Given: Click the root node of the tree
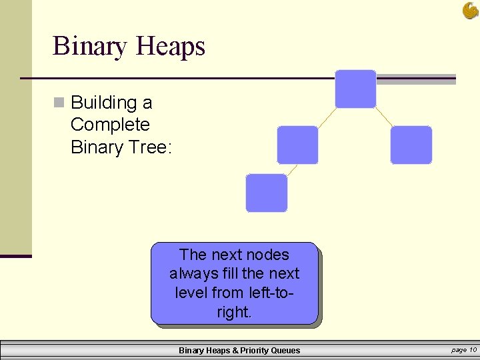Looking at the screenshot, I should (355, 89).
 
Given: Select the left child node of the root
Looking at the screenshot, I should (297, 145).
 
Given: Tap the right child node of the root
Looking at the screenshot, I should (411, 145).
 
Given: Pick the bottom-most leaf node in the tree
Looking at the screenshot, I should (267, 193).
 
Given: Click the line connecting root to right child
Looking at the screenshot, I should (383, 117).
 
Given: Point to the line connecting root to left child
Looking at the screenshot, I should (327, 117).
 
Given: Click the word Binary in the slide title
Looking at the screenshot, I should (90, 47).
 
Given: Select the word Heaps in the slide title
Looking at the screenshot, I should (170, 47).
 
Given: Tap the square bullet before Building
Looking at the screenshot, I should (59, 103).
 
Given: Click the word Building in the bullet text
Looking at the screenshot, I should (103, 103).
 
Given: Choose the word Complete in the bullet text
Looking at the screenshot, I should (110, 125).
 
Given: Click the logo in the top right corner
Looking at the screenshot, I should (470, 10).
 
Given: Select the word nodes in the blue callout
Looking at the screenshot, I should (267, 255).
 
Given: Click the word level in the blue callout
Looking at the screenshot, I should (191, 292).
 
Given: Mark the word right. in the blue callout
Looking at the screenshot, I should (234, 311).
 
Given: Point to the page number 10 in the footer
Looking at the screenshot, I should (473, 350).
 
